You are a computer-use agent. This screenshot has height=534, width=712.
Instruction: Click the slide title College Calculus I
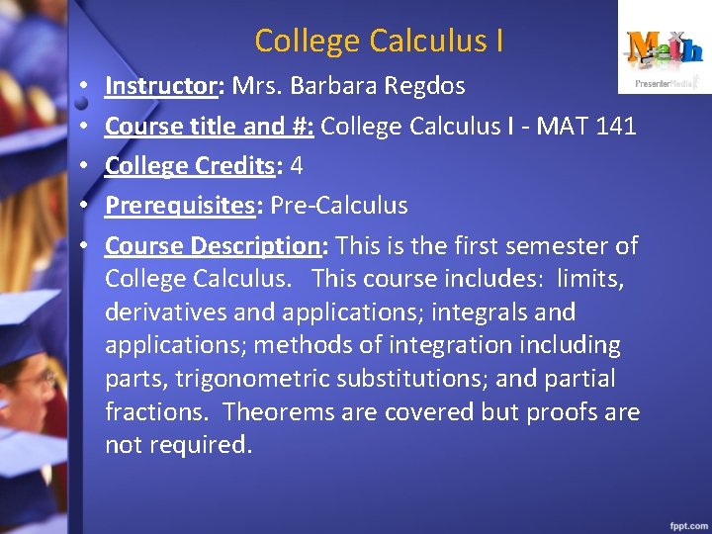(x=379, y=41)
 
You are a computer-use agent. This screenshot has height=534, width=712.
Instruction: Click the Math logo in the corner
(x=665, y=49)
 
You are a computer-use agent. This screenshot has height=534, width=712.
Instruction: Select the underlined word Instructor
(x=159, y=86)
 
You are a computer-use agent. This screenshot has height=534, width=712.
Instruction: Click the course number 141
(x=615, y=126)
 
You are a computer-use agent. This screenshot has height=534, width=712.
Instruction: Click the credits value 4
(x=296, y=166)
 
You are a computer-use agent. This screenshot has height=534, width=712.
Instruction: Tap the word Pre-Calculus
(x=338, y=206)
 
